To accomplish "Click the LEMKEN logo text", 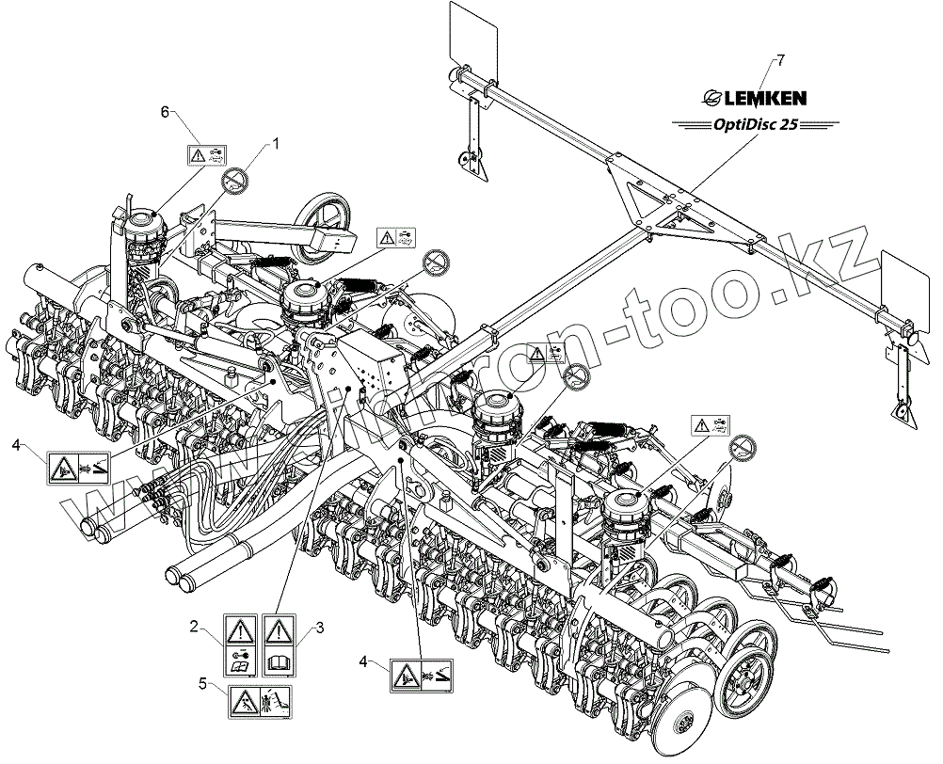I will click(759, 95).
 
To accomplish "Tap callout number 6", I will click(166, 112).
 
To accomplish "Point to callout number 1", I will click(277, 143).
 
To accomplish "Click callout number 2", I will click(192, 626).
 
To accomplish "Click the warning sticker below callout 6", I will click(206, 155).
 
